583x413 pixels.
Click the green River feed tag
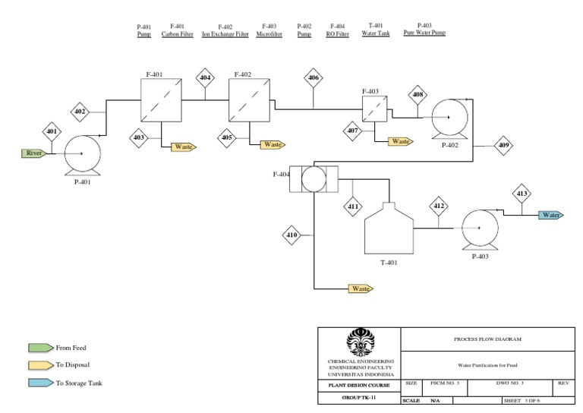click(34, 153)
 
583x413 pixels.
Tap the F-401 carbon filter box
click(162, 100)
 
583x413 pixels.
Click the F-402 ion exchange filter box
click(248, 100)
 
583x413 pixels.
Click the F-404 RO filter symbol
click(312, 180)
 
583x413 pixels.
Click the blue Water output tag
click(552, 215)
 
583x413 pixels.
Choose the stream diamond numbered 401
click(52, 131)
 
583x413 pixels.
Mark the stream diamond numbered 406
click(314, 77)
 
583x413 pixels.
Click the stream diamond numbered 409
click(503, 145)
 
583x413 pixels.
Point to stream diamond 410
click(291, 236)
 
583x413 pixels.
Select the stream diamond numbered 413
click(522, 194)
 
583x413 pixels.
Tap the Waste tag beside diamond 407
click(400, 141)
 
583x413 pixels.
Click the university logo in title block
click(360, 341)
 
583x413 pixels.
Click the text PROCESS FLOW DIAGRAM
click(486, 339)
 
